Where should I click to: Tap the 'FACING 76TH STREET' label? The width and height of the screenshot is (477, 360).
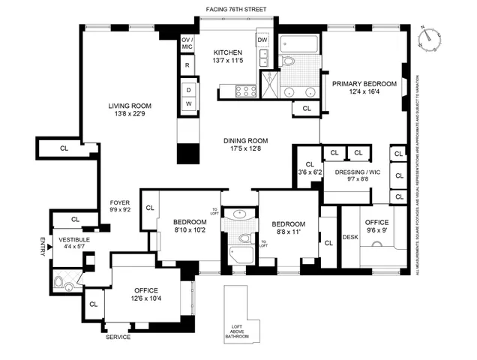tap(237, 9)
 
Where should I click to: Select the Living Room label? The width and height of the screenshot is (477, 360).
tap(129, 106)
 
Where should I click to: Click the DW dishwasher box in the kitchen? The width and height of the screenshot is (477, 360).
tap(262, 40)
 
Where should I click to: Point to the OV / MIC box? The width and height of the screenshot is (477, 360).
tap(187, 43)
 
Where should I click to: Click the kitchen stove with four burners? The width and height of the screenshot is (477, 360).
tap(246, 91)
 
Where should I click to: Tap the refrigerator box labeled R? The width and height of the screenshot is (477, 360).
tap(186, 65)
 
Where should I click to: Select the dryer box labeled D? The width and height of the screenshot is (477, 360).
tap(189, 89)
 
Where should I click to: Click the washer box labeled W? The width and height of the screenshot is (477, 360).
tap(189, 103)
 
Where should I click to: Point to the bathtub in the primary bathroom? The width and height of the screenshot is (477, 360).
tap(300, 44)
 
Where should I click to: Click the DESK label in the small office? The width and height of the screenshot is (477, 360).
tap(350, 238)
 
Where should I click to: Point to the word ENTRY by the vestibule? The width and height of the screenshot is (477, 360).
tap(42, 247)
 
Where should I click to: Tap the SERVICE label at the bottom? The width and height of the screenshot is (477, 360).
tap(119, 337)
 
